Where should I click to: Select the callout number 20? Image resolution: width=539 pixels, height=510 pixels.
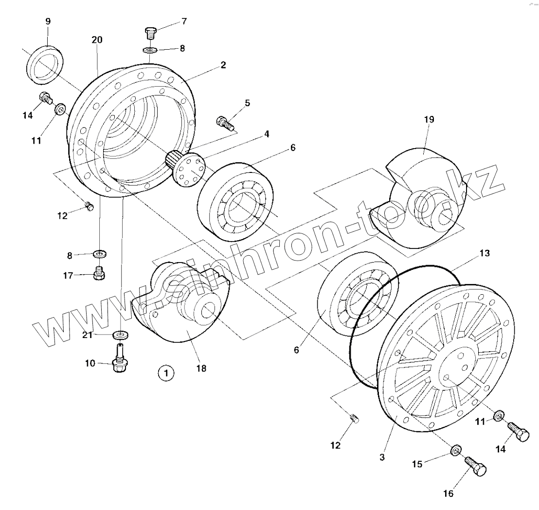(97, 40)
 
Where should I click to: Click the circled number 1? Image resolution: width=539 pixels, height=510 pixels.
(165, 374)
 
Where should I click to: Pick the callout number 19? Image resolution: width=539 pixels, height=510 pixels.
(429, 119)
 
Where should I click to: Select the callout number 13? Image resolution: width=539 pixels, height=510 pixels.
(484, 253)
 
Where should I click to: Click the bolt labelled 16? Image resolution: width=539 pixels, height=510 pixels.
(476, 466)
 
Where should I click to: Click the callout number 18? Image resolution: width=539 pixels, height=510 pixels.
(201, 368)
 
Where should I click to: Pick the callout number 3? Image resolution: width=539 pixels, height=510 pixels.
(382, 458)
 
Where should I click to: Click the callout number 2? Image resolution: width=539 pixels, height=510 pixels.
(223, 65)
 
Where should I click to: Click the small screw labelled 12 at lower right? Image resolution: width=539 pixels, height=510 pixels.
(354, 418)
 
